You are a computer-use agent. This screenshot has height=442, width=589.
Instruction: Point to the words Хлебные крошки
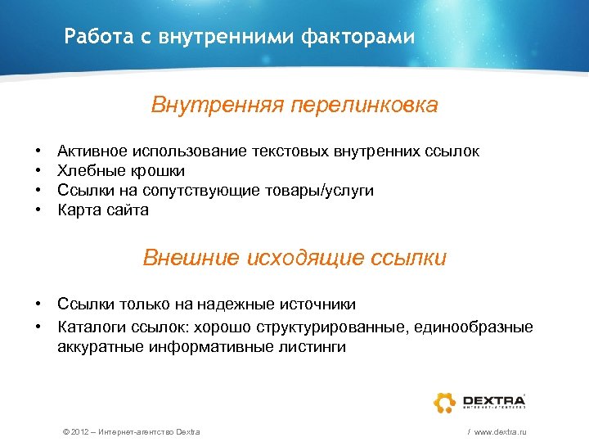[x=121, y=170]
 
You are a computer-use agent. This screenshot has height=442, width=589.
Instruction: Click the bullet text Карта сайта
[x=103, y=210]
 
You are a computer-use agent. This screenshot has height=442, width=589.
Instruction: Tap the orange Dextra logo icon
[x=445, y=402]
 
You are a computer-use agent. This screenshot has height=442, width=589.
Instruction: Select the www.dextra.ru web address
[x=499, y=431]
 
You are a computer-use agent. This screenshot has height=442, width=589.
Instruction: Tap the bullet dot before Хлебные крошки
[x=38, y=170]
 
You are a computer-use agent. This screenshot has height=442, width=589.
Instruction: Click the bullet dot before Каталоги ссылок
[x=38, y=327]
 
